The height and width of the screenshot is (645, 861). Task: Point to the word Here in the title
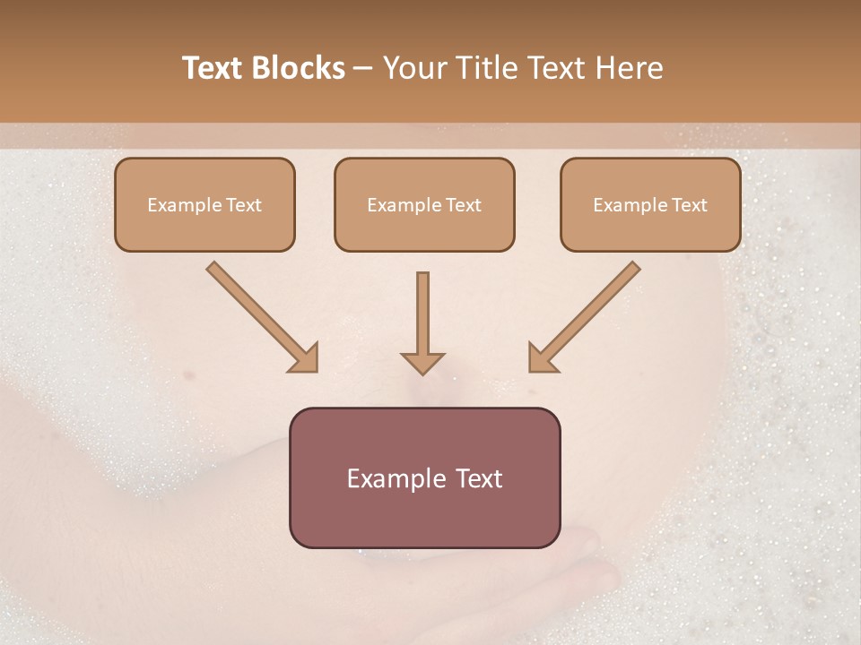tap(629, 68)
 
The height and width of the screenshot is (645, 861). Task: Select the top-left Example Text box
tap(204, 204)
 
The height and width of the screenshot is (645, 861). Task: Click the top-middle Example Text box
tap(424, 204)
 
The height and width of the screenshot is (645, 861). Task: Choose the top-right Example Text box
tap(650, 204)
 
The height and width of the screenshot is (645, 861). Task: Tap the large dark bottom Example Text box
tap(424, 477)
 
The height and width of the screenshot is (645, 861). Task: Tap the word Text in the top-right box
tap(690, 205)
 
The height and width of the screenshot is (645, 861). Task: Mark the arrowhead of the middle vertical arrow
tap(422, 362)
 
